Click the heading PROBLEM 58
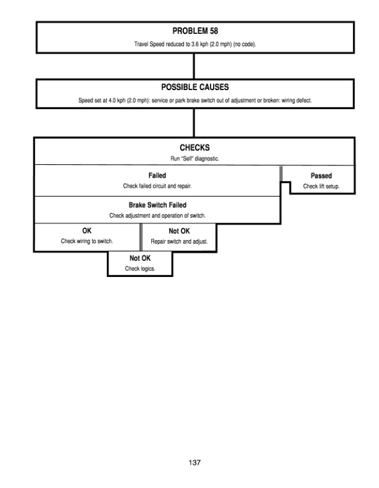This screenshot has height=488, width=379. [x=194, y=30]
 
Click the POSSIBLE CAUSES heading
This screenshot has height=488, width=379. [x=194, y=87]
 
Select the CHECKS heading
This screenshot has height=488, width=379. [x=194, y=147]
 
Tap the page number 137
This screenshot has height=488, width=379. [x=194, y=462]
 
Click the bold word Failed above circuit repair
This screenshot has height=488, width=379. [x=157, y=175]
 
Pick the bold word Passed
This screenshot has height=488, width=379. [x=321, y=176]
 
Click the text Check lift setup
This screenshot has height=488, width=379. [x=321, y=186]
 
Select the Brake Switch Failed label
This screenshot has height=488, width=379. [x=157, y=205]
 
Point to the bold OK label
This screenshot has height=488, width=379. [x=87, y=231]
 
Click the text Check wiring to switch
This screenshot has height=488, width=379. [x=87, y=241]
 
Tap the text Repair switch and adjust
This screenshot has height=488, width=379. [x=179, y=242]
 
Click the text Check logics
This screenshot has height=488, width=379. [x=140, y=269]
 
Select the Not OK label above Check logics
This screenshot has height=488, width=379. [x=140, y=258]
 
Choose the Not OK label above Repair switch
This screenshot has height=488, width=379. [x=179, y=231]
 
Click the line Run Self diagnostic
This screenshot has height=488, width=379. [x=194, y=158]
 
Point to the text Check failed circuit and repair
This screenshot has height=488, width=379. [x=157, y=186]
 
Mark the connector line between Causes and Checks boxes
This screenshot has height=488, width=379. [x=194, y=122]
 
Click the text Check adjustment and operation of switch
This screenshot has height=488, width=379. [x=157, y=215]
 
